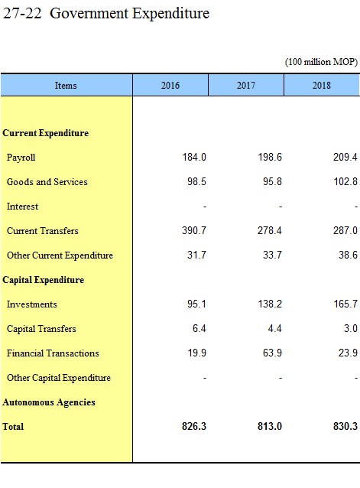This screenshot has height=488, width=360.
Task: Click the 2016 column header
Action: [170, 85]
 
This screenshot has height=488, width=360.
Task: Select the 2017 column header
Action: [246, 85]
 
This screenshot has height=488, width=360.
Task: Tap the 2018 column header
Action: [322, 85]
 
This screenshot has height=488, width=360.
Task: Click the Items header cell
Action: [66, 85]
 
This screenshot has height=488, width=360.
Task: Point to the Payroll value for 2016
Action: [194, 157]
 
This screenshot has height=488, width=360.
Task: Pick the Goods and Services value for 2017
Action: [272, 181]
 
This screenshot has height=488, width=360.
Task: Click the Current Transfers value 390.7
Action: [194, 230]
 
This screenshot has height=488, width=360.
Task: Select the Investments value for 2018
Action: [345, 304]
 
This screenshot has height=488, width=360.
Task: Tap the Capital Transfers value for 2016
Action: [199, 328]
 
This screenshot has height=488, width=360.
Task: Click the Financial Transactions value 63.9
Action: [272, 353]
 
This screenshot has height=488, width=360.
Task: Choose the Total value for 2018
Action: [345, 426]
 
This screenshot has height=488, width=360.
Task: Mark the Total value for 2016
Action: [194, 426]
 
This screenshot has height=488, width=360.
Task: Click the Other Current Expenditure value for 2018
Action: [349, 255]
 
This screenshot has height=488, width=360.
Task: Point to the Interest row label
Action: [22, 207]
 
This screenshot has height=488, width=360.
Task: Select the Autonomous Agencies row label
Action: [49, 402]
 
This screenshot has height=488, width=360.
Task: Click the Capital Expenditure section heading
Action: [44, 280]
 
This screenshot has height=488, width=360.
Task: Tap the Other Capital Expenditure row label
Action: [59, 378]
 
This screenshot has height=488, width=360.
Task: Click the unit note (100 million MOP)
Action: [321, 62]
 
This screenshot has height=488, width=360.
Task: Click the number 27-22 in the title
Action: [22, 13]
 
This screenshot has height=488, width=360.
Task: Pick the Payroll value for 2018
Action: [345, 157]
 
